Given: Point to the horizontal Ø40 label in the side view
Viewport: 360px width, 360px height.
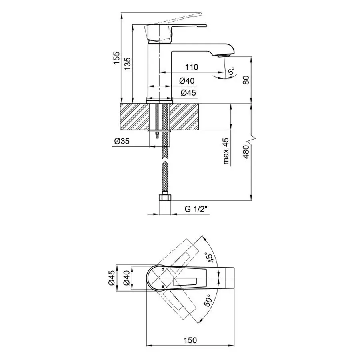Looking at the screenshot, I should pyautogui.click(x=187, y=81).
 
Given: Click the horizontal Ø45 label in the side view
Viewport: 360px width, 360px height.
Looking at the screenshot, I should pyautogui.click(x=188, y=93).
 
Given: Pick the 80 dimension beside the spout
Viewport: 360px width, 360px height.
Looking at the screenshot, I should pyautogui.click(x=246, y=79).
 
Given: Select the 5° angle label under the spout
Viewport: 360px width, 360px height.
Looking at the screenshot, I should pyautogui.click(x=231, y=72).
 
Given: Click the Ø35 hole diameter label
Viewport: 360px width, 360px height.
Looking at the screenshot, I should pyautogui.click(x=121, y=141).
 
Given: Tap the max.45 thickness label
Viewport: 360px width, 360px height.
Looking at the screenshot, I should pyautogui.click(x=226, y=151).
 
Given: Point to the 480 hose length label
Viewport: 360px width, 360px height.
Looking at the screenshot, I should pyautogui.click(x=246, y=152).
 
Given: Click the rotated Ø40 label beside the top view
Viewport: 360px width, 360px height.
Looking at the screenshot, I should pyautogui.click(x=126, y=277).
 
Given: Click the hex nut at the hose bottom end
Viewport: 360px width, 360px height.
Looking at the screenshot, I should pyautogui.click(x=165, y=198).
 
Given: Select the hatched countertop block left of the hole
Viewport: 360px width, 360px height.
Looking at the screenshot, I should pyautogui.click(x=134, y=116).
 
